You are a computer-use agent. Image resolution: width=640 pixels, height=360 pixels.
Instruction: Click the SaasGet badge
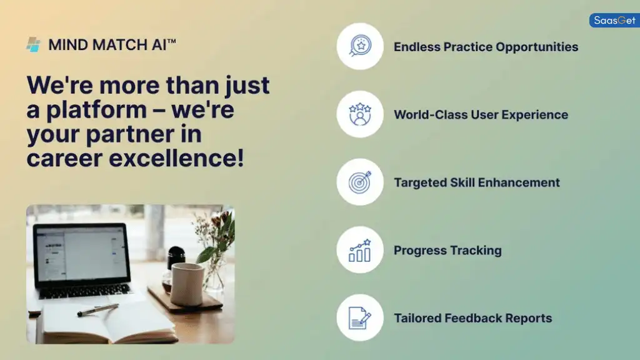[614, 21]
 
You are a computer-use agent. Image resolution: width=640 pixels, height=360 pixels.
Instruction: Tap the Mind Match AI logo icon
[33, 44]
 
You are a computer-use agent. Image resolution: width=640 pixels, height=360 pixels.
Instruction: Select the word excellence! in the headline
[177, 158]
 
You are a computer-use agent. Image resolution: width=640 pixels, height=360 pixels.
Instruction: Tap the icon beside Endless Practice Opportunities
[360, 46]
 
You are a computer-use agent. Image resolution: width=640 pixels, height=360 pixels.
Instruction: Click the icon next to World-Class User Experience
[360, 114]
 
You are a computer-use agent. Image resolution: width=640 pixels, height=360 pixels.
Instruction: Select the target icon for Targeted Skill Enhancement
[360, 182]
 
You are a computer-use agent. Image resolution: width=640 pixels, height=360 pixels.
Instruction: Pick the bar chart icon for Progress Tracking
[360, 250]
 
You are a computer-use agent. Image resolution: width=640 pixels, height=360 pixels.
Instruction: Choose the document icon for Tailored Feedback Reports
[360, 318]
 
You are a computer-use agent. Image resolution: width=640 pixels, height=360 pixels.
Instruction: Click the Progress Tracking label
[447, 251]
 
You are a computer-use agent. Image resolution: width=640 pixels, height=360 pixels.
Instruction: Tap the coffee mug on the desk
[186, 284]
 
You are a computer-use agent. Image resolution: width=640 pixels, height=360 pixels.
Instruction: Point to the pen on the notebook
[98, 309]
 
